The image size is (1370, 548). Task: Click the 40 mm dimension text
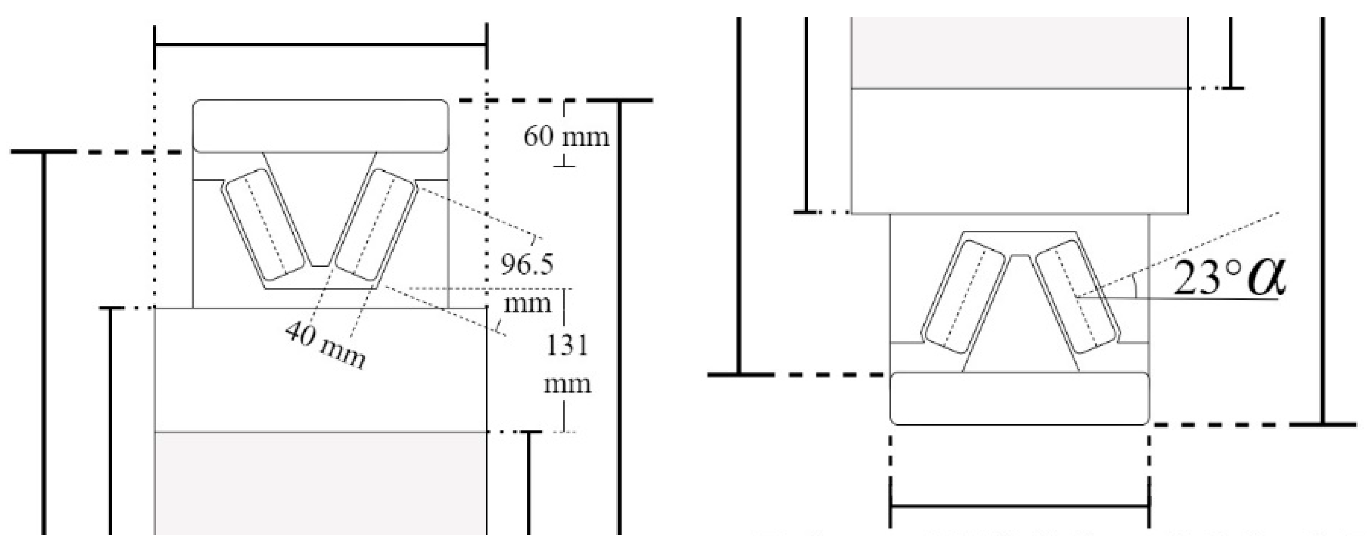325,346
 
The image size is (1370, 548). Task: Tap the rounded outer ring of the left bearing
320,126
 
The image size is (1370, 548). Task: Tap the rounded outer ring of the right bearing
1019,399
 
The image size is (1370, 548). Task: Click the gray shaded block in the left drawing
320,481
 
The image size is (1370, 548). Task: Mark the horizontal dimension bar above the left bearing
320,45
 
